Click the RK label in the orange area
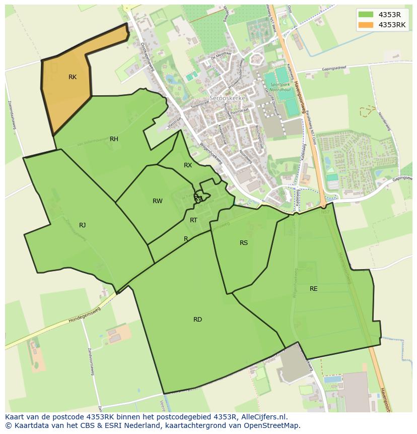[73, 77]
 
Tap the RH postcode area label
[114, 139]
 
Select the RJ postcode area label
[82, 225]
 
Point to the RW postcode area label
[158, 201]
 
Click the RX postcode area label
[188, 165]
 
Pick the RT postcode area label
[194, 220]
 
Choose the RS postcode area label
[244, 243]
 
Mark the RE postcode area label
[314, 289]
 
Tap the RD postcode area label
[197, 320]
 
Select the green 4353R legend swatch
[366, 14]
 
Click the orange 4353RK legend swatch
[366, 25]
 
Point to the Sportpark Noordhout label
[281, 88]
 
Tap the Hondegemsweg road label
[85, 314]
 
